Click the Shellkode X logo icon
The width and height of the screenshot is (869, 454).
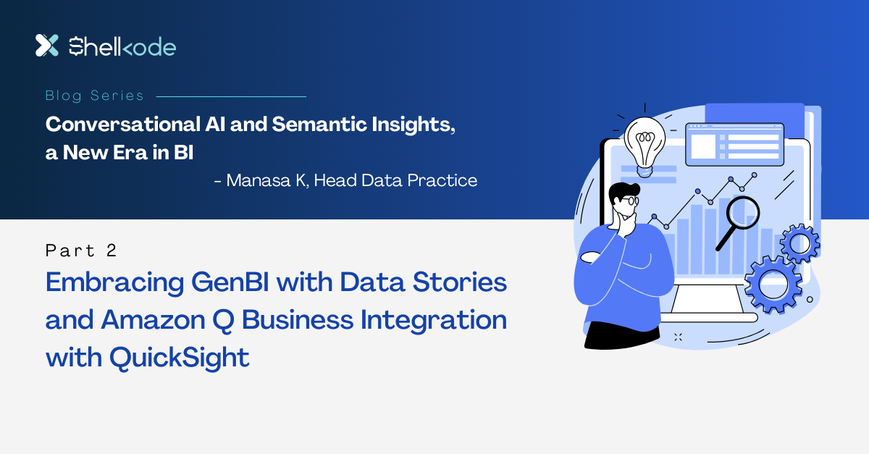(46, 45)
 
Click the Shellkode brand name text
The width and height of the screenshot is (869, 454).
(122, 47)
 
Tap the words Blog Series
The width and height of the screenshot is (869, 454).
(94, 96)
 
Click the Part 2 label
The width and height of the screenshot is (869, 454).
(81, 251)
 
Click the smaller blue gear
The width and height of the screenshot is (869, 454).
(799, 244)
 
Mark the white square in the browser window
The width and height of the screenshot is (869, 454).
(702, 146)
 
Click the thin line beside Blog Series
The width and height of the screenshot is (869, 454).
(231, 96)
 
